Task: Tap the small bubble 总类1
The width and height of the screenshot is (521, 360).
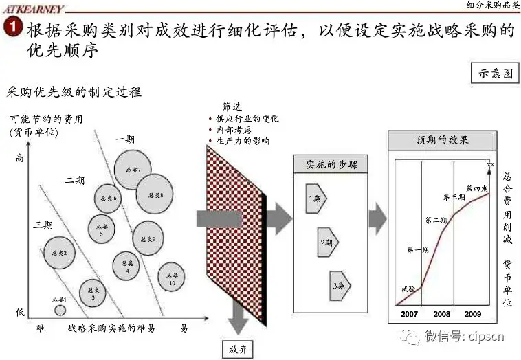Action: pyautogui.click(x=60, y=310)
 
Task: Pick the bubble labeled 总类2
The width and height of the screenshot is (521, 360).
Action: pyautogui.click(x=60, y=253)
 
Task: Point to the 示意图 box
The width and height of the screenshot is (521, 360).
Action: pyautogui.click(x=494, y=73)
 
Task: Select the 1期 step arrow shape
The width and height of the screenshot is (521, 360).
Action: pyautogui.click(x=316, y=198)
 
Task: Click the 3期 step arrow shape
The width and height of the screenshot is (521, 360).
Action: pyautogui.click(x=340, y=284)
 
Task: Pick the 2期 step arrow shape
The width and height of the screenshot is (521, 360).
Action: pyautogui.click(x=328, y=242)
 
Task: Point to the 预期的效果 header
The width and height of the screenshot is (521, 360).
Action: pyautogui.click(x=441, y=140)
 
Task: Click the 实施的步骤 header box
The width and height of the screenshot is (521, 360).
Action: pyautogui.click(x=327, y=165)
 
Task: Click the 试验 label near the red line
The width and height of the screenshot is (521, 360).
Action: pyautogui.click(x=408, y=289)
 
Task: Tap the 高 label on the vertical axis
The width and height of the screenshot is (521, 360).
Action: pyautogui.click(x=21, y=158)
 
